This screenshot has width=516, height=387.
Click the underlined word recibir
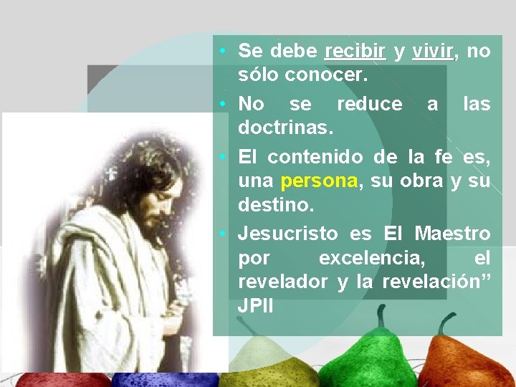tap(355, 52)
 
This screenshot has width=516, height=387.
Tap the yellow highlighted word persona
tap(319, 181)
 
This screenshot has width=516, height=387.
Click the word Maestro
tap(452, 234)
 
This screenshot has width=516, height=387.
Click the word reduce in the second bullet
tap(369, 105)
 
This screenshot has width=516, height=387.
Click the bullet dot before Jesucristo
tap(224, 234)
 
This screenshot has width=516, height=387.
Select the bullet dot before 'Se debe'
tap(224, 52)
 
